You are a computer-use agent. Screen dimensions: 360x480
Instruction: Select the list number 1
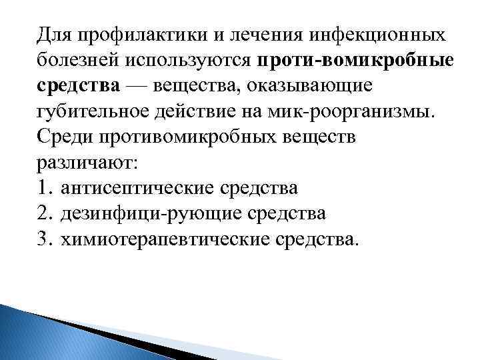pos(45,188)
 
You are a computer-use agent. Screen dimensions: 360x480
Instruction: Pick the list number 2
pos(45,213)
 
